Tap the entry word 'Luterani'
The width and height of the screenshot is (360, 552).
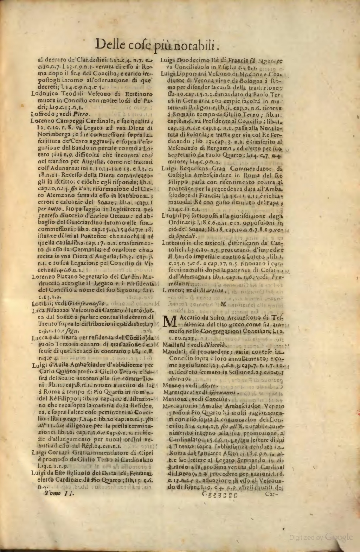(x=174, y=243)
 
